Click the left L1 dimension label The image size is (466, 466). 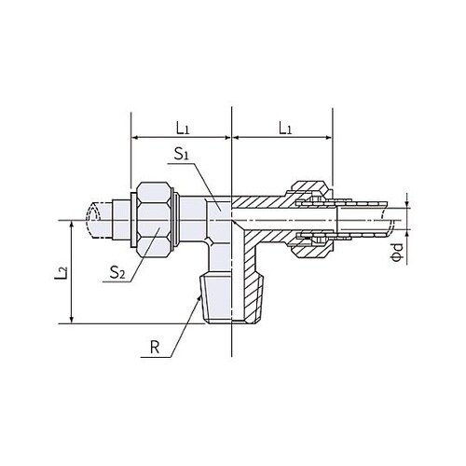coord(183,128)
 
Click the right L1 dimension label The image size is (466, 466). coord(285,128)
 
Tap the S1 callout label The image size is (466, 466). coord(182,154)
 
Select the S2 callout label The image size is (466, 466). coord(117,272)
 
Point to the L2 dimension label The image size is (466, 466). coord(62,272)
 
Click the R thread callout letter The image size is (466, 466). coord(155,348)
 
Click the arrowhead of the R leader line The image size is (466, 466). coord(199,298)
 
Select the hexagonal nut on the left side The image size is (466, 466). coord(154,220)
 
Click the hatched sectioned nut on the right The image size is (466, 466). coord(311,220)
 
